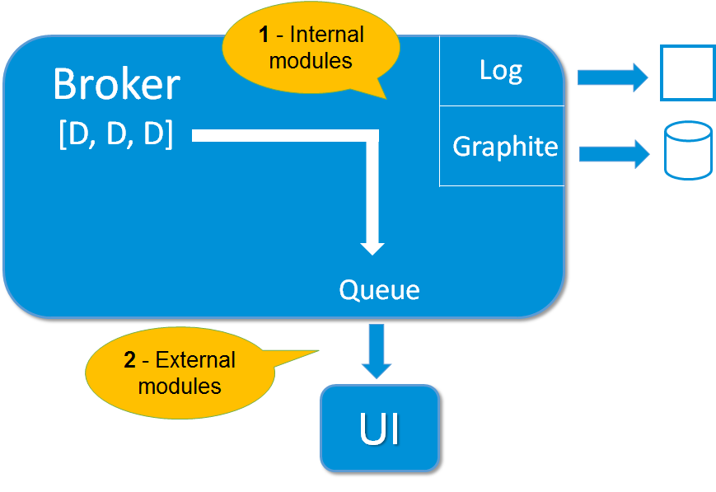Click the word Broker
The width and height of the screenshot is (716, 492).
click(x=116, y=85)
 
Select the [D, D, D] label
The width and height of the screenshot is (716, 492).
click(x=116, y=135)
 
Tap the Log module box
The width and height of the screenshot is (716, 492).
click(x=501, y=71)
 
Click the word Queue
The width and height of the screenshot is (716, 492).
click(x=379, y=290)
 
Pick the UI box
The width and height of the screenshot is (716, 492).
click(x=379, y=429)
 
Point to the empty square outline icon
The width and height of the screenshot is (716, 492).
click(x=687, y=73)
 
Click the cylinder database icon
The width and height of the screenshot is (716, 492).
click(x=687, y=151)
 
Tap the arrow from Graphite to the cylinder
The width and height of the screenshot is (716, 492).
click(x=615, y=154)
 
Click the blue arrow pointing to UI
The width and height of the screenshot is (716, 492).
click(x=377, y=350)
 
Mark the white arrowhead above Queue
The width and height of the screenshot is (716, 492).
click(x=372, y=246)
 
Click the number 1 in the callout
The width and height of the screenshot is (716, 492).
click(x=264, y=35)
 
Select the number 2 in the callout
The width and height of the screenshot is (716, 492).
click(x=129, y=360)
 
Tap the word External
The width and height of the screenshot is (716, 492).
click(x=195, y=360)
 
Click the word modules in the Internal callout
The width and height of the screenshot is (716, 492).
click(x=311, y=60)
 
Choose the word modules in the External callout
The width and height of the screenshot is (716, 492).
click(x=180, y=386)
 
